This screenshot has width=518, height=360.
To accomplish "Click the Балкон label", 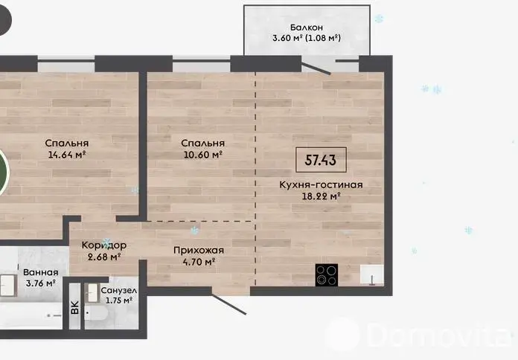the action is click(x=306, y=28).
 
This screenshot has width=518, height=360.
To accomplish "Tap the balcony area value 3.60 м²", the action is click(x=287, y=38).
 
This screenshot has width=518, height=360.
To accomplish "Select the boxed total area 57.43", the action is click(x=321, y=160).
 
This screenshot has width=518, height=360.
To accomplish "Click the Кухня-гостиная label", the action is click(x=321, y=184).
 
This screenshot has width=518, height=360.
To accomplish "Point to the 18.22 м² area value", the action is click(x=321, y=196).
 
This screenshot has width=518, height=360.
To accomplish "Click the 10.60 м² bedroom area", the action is click(x=202, y=155).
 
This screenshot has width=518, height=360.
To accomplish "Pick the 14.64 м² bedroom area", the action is click(x=67, y=155).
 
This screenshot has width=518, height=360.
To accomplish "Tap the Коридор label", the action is click(x=103, y=245).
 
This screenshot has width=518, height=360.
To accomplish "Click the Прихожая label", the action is click(x=199, y=251).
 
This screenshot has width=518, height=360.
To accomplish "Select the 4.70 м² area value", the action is click(x=199, y=262).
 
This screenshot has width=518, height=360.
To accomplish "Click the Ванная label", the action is click(x=41, y=272).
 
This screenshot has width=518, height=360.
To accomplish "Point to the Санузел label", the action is click(x=119, y=291).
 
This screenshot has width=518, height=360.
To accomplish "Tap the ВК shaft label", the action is click(x=75, y=307).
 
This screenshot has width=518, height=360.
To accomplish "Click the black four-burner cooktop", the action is click(x=327, y=274).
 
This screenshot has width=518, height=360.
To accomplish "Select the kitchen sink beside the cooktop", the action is click(x=372, y=274).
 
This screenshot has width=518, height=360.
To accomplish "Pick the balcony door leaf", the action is click(x=316, y=69).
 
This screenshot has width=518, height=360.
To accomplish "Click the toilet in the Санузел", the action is click(x=95, y=315).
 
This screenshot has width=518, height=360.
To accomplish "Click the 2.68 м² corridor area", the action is click(x=103, y=257).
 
